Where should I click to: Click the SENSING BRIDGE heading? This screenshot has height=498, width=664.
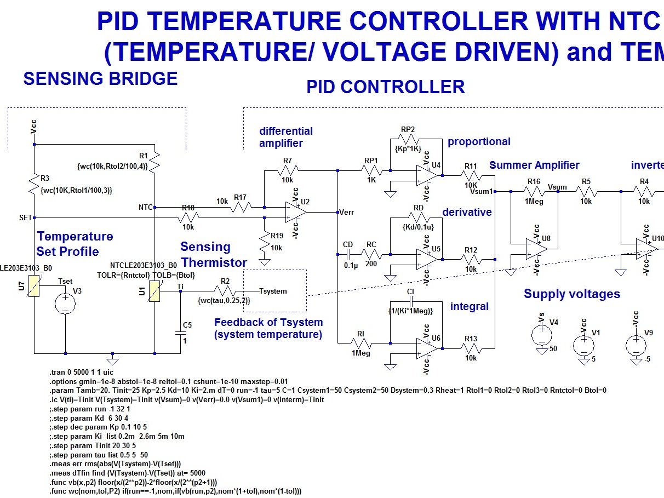(100, 78)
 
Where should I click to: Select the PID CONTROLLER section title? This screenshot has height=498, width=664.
(385, 87)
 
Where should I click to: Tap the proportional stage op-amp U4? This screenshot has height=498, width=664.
(426, 175)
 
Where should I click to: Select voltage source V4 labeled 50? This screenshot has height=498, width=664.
(542, 334)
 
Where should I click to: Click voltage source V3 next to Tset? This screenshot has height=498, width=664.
(65, 303)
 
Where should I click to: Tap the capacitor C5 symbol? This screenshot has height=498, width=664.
(181, 333)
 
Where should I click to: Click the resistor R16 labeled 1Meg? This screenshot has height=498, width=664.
(534, 192)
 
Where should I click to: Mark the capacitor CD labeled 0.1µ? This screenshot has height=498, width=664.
(348, 254)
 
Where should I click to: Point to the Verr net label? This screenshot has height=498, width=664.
(349, 212)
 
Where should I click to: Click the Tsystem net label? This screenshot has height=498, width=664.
(273, 291)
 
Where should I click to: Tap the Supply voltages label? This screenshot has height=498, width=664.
(571, 294)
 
